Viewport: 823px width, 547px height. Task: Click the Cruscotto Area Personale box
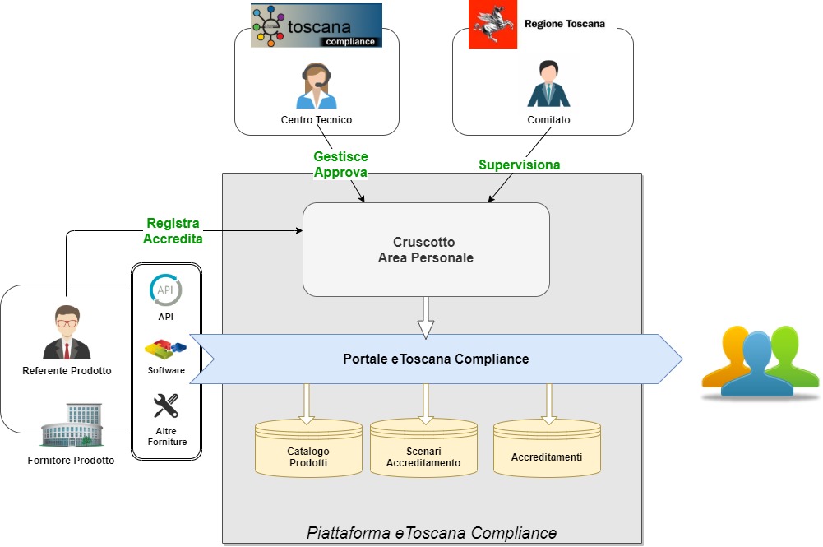coord(426,249)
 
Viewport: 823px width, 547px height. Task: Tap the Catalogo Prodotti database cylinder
coord(308,449)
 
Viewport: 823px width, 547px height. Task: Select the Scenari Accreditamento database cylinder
coord(423,449)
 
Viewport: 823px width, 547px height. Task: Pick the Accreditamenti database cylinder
coord(547,449)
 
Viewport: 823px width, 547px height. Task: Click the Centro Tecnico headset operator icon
coord(317,86)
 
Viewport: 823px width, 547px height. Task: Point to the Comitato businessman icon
coord(548,84)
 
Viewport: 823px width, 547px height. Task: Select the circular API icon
coord(166,290)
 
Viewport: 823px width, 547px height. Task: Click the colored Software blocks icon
coord(165,348)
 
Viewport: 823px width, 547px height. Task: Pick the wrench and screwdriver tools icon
coord(166,406)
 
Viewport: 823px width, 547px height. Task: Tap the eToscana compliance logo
coord(317,25)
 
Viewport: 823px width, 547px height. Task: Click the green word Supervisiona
coord(520,165)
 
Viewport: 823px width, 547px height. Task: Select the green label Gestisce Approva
coord(340,165)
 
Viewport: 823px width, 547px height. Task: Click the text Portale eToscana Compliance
coord(436,359)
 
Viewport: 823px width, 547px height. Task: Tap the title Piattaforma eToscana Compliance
coord(432,533)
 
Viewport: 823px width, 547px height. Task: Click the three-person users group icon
coord(761,362)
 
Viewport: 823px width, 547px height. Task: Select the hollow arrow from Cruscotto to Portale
coord(425,317)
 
